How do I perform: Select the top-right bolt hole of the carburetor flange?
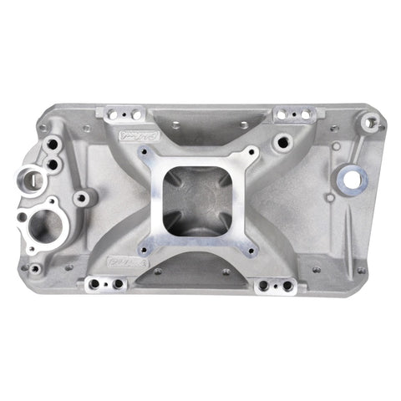coord(251,153)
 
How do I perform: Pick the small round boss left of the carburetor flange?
coord(82,199)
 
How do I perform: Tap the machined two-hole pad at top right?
coord(295,113)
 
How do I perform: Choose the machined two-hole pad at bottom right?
coord(277,285)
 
